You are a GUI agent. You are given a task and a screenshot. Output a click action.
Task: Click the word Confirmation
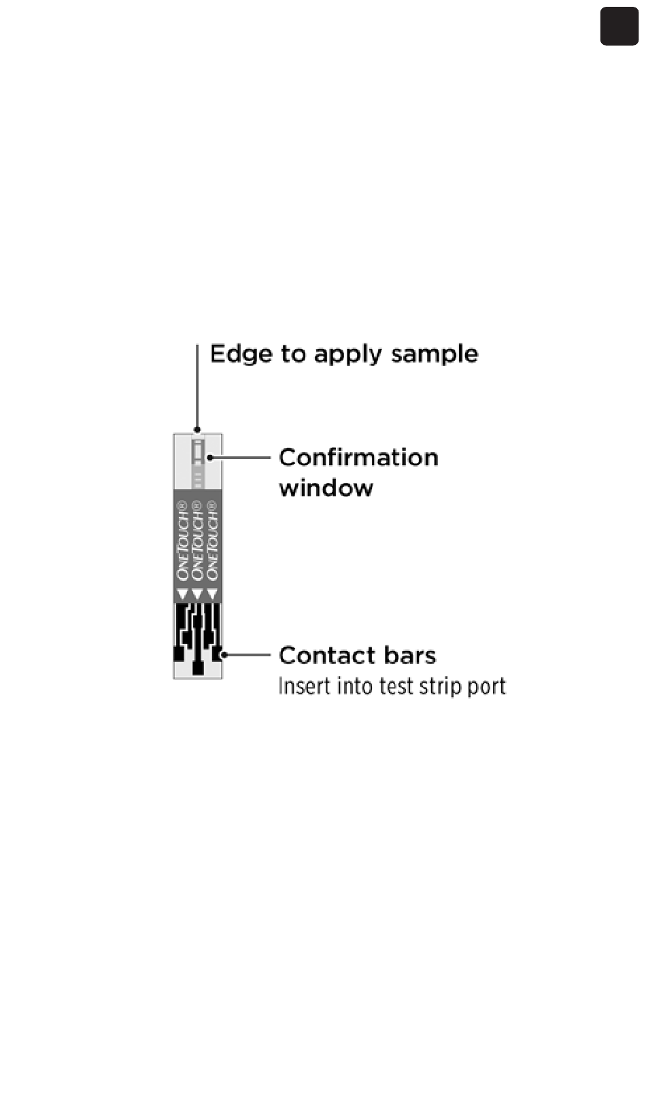coord(358,458)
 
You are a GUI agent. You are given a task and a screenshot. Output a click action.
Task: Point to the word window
coord(326,488)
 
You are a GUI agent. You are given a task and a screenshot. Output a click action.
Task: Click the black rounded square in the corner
coord(619,27)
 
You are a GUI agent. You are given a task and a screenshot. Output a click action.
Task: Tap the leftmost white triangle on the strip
coord(182,595)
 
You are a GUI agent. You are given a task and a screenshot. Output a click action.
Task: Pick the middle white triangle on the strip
coord(197,595)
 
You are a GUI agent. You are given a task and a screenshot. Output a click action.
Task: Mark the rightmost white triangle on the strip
coord(213,595)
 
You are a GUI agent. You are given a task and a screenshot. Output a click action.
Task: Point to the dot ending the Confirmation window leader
coord(209,458)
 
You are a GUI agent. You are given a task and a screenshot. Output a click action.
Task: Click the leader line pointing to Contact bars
coord(248,655)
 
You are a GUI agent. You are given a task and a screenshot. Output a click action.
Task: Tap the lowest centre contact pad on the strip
coord(198,668)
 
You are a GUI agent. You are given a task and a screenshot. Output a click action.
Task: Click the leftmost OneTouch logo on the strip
coord(182,541)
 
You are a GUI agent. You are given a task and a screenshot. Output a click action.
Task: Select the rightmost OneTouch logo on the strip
coord(213,541)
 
